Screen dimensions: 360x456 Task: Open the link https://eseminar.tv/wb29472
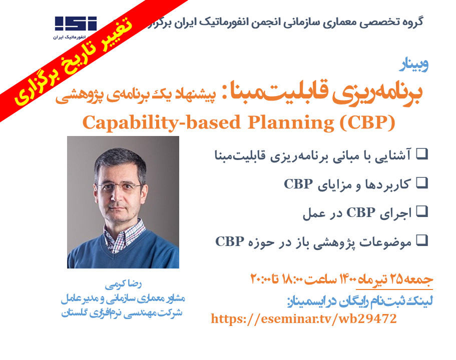pos(304,318)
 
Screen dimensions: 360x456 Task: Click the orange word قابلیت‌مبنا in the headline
pos(292,93)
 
